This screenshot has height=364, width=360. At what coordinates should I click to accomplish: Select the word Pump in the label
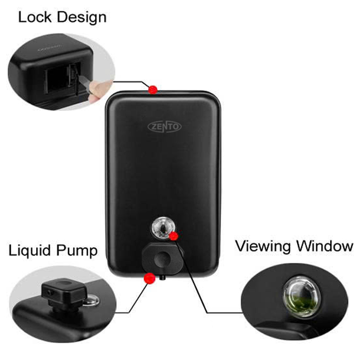click(77, 251)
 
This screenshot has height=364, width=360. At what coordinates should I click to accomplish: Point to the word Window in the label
click(326, 247)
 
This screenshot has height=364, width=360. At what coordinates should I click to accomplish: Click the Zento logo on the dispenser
click(165, 127)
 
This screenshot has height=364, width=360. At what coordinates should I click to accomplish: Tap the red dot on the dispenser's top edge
click(154, 89)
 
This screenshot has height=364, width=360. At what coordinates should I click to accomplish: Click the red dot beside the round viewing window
click(174, 236)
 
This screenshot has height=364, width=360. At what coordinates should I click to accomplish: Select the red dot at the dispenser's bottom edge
click(147, 278)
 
